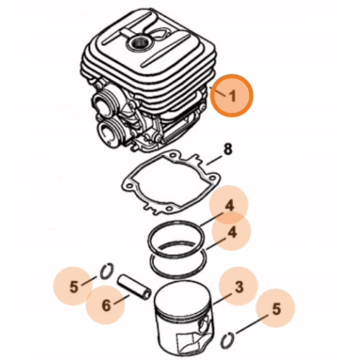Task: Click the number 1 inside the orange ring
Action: coord(232,96)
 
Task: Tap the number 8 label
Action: coord(228,149)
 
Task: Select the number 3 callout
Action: coord(239,287)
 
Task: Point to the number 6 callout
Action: coord(106,305)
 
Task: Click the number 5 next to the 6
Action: coord(74,287)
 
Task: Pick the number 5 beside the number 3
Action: coord(276,309)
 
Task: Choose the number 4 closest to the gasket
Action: coord(229,205)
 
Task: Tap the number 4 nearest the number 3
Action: coord(232,232)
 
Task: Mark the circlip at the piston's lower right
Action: coord(227,341)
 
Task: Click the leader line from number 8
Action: coord(214,161)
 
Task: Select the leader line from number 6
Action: coord(122,300)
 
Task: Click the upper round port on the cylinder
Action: coord(102,104)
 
